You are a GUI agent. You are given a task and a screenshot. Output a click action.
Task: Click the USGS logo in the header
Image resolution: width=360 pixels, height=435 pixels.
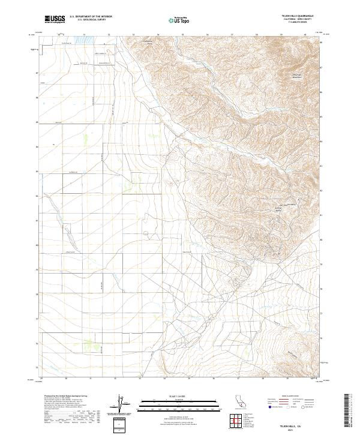point(55,19)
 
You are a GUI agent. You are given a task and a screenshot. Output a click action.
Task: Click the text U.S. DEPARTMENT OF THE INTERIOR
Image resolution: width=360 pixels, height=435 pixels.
point(91,17)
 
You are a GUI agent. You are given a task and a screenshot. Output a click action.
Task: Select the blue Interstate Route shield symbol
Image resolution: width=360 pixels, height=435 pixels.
point(269,406)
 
